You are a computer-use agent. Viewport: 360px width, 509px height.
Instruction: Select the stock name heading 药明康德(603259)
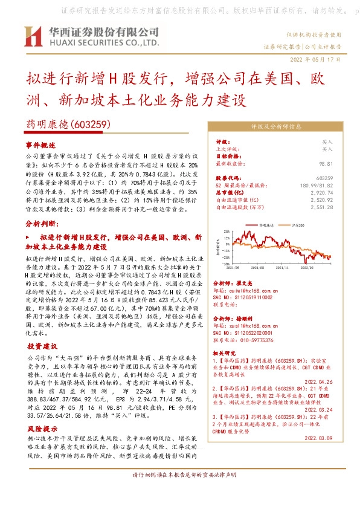(66, 125)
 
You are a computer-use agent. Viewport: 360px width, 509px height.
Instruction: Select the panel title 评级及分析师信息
(275, 127)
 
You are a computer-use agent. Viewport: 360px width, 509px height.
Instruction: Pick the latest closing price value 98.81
(327, 164)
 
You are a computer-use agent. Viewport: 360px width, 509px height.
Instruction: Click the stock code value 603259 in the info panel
(324, 178)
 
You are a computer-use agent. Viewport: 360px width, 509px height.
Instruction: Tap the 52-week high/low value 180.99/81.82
(319, 185)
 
